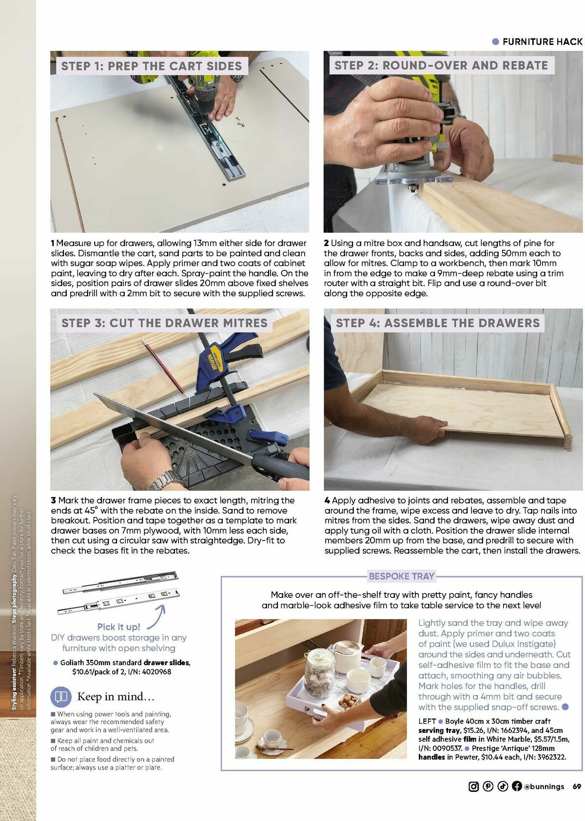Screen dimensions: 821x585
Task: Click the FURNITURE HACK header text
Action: [x=542, y=42]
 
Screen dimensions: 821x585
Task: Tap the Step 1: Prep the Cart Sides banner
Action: [x=151, y=66]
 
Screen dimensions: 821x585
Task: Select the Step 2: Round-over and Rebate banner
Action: [x=441, y=66]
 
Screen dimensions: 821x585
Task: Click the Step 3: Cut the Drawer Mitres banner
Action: [x=164, y=323]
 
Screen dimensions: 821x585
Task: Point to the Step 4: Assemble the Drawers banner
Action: [x=437, y=323]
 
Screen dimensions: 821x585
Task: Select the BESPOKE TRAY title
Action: [x=401, y=576]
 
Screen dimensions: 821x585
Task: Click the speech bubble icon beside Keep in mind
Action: [x=61, y=696]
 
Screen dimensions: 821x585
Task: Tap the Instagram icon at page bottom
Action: [x=473, y=786]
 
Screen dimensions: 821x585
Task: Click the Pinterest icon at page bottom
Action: [x=488, y=786]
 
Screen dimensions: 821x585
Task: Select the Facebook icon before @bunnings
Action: [x=517, y=786]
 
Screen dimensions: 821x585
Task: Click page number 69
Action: [x=577, y=786]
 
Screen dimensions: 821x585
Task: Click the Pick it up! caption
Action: [x=118, y=627]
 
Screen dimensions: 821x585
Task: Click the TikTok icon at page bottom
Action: [x=503, y=786]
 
